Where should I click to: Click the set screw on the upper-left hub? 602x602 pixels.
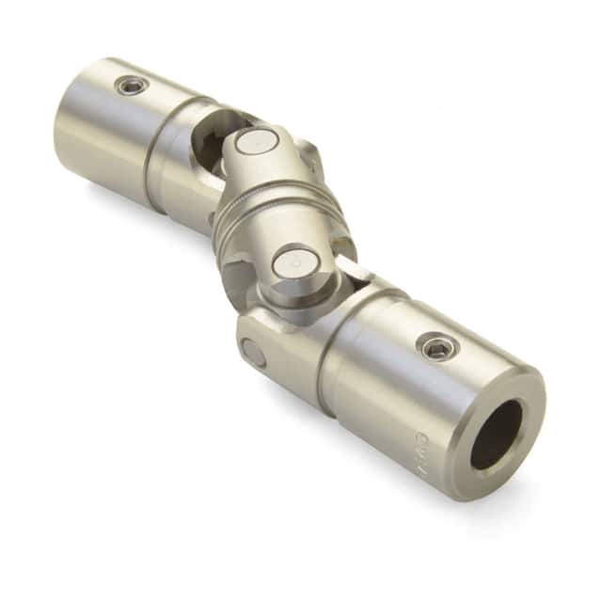(132, 86)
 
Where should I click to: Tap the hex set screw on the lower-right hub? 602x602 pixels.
(437, 348)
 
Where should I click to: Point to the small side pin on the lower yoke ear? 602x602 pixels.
(253, 352)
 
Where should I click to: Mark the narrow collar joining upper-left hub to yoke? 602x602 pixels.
(160, 150)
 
